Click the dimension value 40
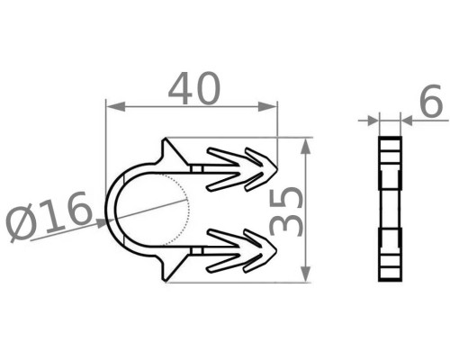point(194,88)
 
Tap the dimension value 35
point(285,211)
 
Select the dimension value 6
point(432,101)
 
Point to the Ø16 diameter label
point(48,216)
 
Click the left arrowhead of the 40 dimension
point(116,106)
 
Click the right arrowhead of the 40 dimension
point(267,106)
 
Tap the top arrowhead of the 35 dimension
point(305,147)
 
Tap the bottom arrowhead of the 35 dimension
point(305,273)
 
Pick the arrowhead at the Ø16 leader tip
point(101,223)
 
